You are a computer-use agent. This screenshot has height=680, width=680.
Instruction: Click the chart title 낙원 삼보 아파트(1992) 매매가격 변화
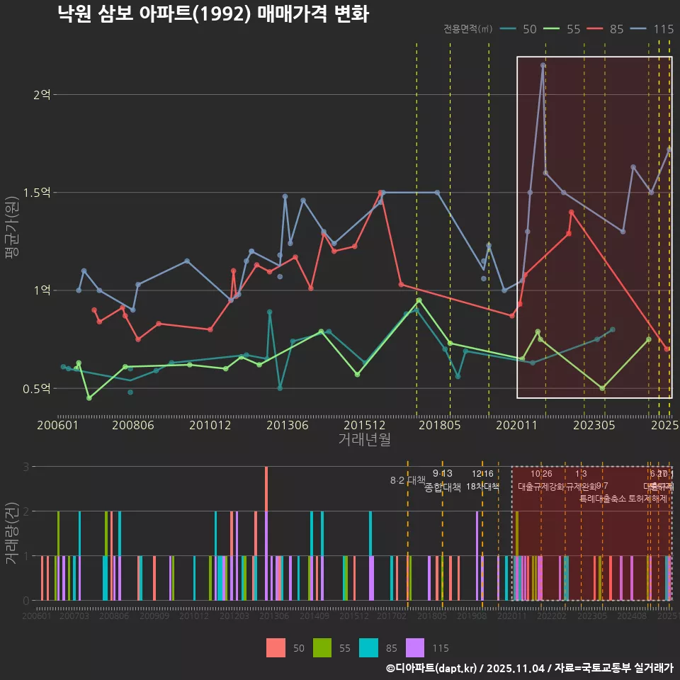click(213, 14)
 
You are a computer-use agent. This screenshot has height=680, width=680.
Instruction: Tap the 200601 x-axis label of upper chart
click(57, 426)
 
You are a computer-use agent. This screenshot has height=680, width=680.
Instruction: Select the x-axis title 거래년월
click(364, 440)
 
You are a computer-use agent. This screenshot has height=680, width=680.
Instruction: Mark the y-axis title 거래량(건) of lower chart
click(11, 533)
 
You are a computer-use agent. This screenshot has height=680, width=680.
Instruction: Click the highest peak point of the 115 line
click(543, 65)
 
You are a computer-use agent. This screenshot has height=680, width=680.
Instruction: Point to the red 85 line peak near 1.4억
click(571, 212)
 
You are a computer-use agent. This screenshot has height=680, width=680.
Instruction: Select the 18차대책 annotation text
click(482, 487)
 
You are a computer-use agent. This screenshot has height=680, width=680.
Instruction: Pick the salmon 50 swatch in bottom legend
click(276, 647)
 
